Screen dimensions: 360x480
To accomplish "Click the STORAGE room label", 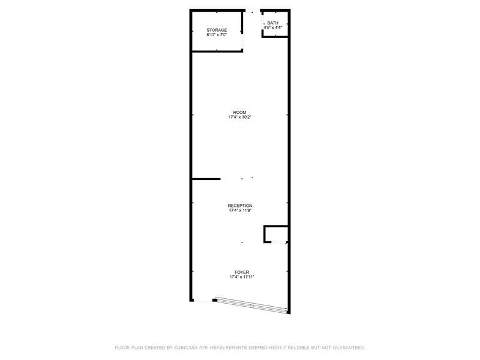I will [217, 30].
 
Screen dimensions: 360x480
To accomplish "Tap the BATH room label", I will [272, 23].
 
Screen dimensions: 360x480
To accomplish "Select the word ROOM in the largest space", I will [239, 113].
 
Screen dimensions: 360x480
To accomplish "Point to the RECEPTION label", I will [240, 206].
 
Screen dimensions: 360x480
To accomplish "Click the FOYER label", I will [241, 272].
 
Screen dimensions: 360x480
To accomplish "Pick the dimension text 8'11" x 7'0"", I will [217, 35].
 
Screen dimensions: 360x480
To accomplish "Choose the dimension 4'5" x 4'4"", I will [272, 28].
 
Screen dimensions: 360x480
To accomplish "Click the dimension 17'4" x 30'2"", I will [239, 118].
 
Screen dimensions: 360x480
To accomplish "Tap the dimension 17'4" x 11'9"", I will [240, 211].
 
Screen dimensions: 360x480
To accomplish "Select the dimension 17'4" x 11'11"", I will [241, 277].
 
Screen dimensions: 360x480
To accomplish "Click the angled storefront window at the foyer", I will [251, 305].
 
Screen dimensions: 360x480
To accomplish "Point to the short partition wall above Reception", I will [206, 179].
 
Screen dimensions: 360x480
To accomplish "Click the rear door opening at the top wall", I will [252, 10].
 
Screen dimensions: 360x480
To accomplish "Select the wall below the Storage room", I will [217, 51].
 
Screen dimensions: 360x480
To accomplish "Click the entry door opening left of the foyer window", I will [202, 301].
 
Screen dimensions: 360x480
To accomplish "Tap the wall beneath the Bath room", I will [274, 37].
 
